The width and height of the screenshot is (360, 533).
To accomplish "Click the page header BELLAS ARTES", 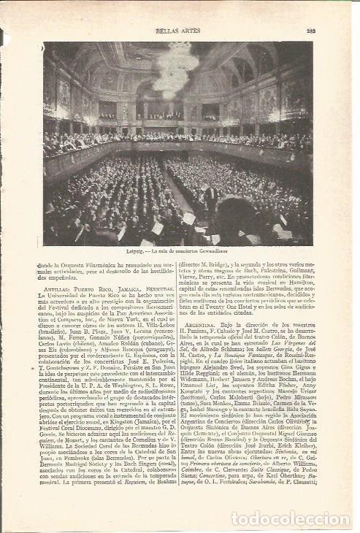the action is (179, 31).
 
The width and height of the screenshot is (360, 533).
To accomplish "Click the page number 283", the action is (310, 31).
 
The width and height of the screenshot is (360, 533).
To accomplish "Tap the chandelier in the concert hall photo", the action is (173, 69).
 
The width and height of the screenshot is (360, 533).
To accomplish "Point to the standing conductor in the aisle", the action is (210, 198).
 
